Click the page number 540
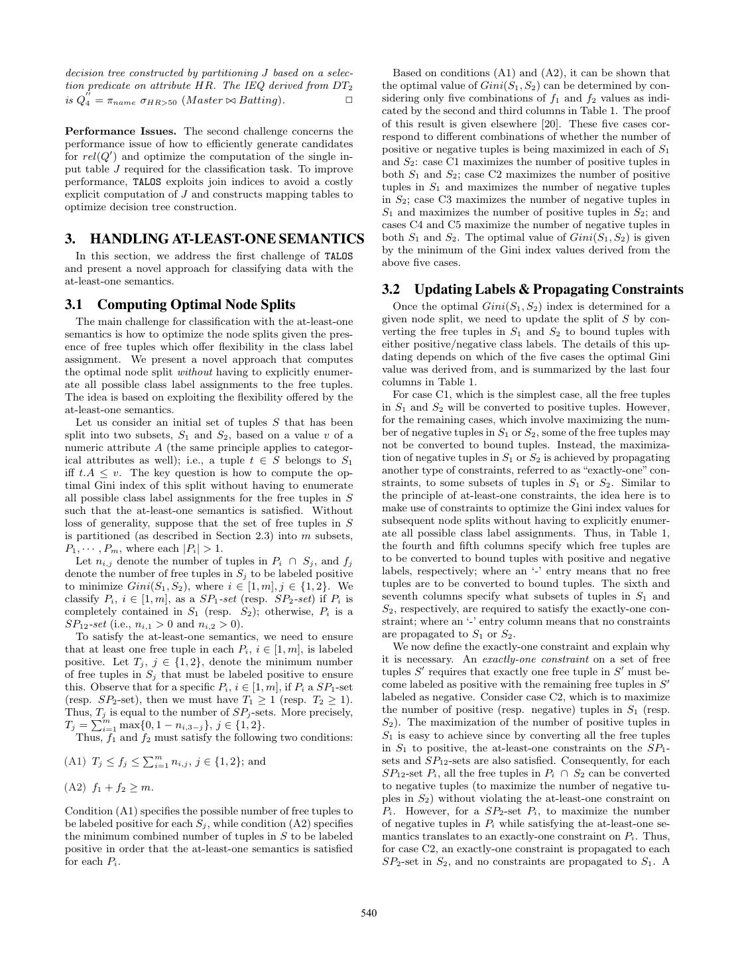[369, 913]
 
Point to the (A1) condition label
[76, 761]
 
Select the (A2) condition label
[76, 787]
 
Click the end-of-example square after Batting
[349, 100]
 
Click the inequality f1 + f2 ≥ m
[123, 787]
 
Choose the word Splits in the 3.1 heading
[278, 304]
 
